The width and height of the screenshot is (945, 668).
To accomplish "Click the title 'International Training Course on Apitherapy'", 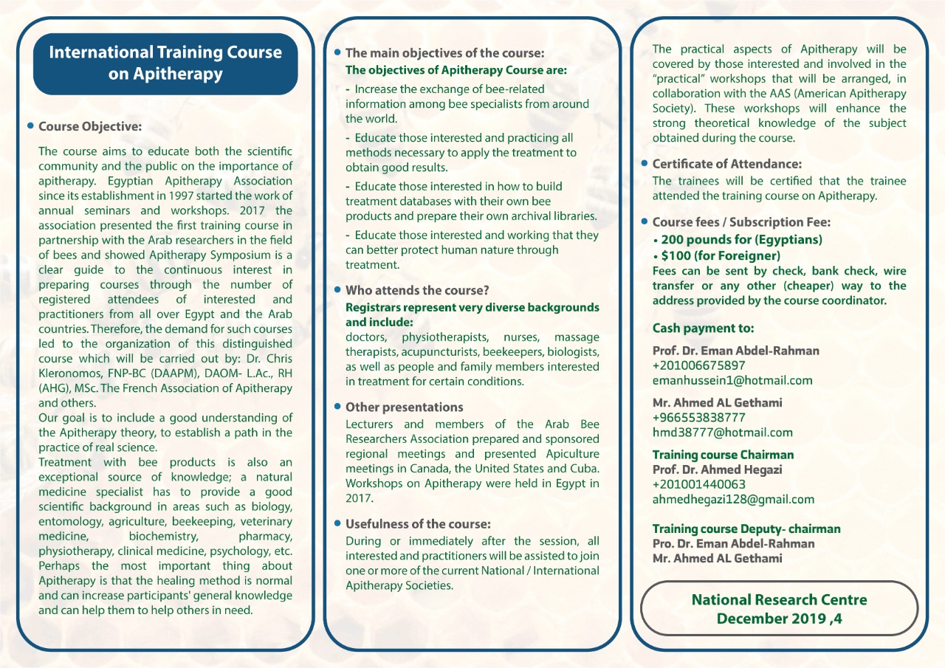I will coord(165,63).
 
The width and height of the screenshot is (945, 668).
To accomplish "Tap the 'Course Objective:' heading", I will coord(90,126).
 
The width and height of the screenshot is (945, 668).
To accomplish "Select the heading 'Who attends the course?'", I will coord(416,290).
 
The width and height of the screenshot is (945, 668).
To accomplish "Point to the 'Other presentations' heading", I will coord(404,407).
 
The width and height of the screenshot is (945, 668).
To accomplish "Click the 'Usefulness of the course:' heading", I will coord(417,524).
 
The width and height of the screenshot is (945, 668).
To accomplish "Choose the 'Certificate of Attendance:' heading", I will coord(726,164).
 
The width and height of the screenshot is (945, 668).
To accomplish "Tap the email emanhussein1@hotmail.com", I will coord(732,380).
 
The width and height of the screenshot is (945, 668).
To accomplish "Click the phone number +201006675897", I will coord(698,365).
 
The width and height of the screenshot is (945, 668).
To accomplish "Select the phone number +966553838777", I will coord(698,417).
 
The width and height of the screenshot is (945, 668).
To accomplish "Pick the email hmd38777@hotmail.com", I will coord(722,433).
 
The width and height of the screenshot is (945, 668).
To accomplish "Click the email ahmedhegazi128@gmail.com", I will coord(733,499).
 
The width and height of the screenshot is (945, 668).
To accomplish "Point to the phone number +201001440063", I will coord(698,484).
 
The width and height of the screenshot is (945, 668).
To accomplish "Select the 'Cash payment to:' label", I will coord(703,328).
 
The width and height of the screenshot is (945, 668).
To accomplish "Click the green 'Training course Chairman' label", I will coord(723,455).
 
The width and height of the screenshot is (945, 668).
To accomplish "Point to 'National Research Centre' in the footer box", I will coord(779,599).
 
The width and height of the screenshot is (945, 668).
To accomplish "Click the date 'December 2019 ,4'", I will coord(779,619).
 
